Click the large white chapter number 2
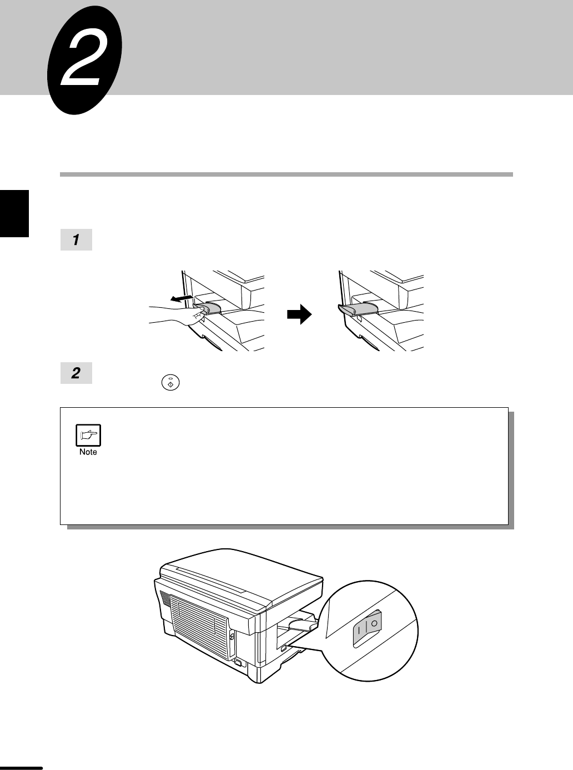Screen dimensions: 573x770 tap(83, 61)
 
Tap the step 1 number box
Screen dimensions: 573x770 tap(77, 239)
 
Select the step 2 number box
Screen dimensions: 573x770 tap(77, 373)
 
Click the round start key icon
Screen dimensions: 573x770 tap(170, 383)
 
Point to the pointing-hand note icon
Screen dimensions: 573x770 tap(88, 435)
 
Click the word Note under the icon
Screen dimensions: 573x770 tap(88, 452)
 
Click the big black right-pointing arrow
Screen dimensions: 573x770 tap(299, 314)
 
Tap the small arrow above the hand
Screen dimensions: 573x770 tap(182, 298)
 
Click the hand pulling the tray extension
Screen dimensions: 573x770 tap(177, 315)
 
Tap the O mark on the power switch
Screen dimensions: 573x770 tap(374, 623)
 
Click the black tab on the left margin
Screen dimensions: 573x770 tap(14, 213)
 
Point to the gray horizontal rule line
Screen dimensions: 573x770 tap(286, 174)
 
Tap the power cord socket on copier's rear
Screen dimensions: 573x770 tap(238, 662)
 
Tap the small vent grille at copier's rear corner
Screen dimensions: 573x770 tap(165, 599)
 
